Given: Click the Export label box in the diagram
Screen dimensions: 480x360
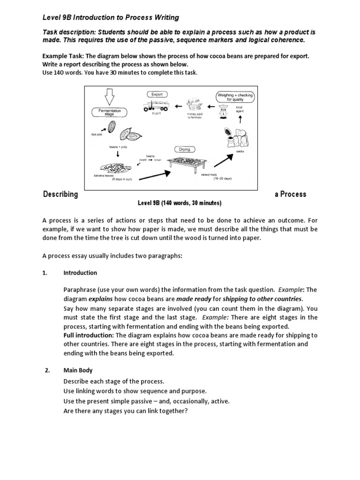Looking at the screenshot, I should pos(157,94).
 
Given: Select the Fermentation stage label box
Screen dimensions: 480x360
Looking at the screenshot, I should pos(110,112).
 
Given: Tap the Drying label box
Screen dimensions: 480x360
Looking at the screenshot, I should pos(185,150).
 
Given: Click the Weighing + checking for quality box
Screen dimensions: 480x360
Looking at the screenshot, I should pos(235,97).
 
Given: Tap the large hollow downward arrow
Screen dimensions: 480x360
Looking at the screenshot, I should pos(110,97).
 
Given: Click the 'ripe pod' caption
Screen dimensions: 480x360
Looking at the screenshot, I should pos(97,134).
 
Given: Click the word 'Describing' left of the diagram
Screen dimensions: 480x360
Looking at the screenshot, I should pos(60,194).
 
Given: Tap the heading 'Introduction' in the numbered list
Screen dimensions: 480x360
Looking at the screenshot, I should pos(80,273).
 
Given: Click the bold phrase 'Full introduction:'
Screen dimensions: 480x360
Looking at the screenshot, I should pos(89,335).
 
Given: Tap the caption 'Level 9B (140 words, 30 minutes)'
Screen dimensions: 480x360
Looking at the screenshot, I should pos(179,203).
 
